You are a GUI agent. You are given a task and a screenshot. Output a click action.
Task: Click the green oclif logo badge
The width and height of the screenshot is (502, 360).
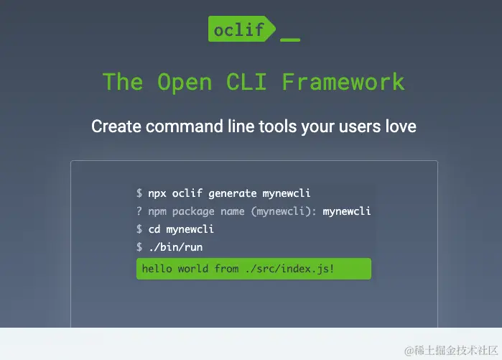tap(239, 29)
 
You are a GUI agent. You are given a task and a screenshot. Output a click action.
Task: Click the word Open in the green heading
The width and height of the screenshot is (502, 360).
tap(185, 81)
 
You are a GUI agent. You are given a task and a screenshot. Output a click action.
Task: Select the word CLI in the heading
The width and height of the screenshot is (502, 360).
tap(246, 81)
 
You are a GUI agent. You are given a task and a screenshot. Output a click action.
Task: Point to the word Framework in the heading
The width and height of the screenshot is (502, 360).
tap(343, 81)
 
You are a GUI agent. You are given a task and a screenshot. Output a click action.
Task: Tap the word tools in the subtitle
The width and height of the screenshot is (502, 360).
tap(279, 126)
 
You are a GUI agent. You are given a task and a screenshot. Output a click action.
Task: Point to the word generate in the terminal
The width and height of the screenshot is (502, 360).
tap(232, 193)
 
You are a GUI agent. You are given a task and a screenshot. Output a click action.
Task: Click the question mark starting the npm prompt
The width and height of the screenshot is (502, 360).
tap(139, 211)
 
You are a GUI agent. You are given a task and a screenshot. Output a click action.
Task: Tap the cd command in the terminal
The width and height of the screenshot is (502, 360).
tap(154, 229)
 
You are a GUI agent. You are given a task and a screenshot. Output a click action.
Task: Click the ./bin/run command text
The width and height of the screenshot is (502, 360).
tap(175, 247)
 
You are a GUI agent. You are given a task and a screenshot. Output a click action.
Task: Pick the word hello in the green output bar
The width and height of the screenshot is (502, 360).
tap(157, 269)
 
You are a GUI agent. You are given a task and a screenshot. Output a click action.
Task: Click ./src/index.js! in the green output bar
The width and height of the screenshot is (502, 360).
tap(289, 269)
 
